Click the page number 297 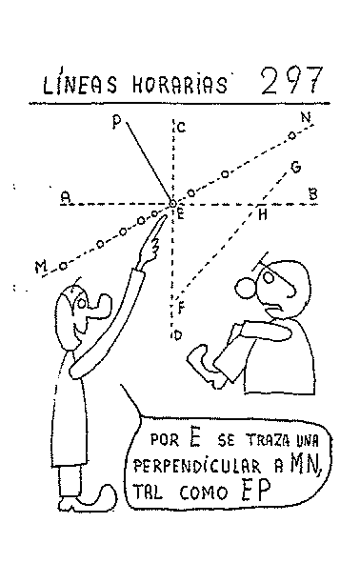pyautogui.click(x=291, y=81)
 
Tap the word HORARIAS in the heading pyautogui.click(x=180, y=85)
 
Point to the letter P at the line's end pyautogui.click(x=116, y=122)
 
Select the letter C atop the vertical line pyautogui.click(x=181, y=128)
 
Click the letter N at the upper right pyautogui.click(x=306, y=118)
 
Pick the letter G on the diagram pyautogui.click(x=295, y=167)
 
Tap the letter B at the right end pyautogui.click(x=313, y=193)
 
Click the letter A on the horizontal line pyautogui.click(x=66, y=196)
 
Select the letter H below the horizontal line pyautogui.click(x=263, y=214)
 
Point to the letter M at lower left pyautogui.click(x=41, y=266)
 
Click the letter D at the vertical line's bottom pyautogui.click(x=178, y=335)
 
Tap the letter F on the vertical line pyautogui.click(x=182, y=309)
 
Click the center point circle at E pyautogui.click(x=172, y=204)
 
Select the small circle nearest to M pyautogui.click(x=63, y=266)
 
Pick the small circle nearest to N pyautogui.click(x=292, y=135)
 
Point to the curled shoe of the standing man pyautogui.click(x=96, y=499)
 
